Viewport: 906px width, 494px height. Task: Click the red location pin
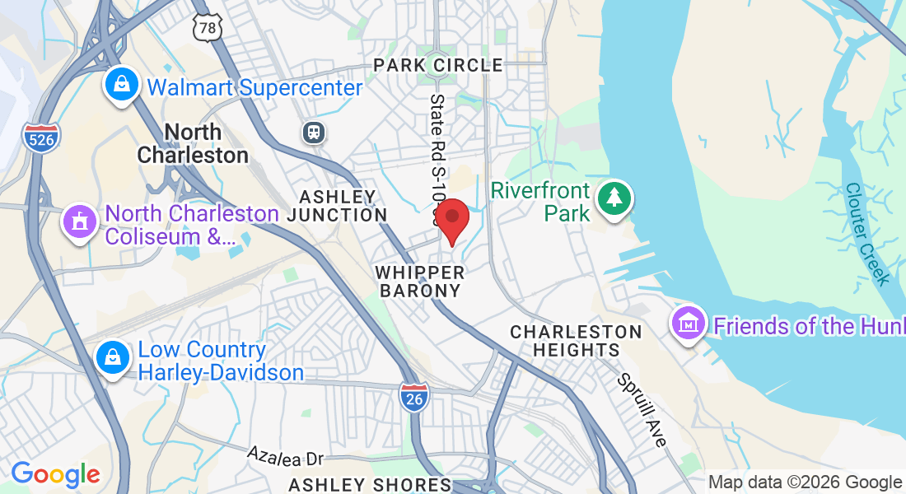tap(451, 218)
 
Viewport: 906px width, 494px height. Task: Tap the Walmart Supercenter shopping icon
tap(121, 85)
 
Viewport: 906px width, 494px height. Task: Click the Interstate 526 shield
tap(41, 137)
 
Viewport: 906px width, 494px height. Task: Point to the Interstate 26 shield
tap(413, 398)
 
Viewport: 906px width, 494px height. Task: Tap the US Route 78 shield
tap(208, 28)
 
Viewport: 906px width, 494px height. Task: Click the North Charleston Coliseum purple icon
tap(79, 223)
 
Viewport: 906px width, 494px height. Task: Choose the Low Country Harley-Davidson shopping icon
tap(110, 359)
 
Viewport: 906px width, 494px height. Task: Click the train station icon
tap(314, 132)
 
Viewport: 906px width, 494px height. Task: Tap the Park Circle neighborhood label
tap(437, 65)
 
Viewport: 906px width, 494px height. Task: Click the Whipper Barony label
tap(419, 281)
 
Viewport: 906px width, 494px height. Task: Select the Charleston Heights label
tap(576, 340)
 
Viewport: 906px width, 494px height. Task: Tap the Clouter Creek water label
tap(866, 233)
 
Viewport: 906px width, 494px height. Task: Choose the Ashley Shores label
tap(370, 485)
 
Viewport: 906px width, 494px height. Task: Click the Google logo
tap(55, 474)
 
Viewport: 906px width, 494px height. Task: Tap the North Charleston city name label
tap(193, 143)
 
